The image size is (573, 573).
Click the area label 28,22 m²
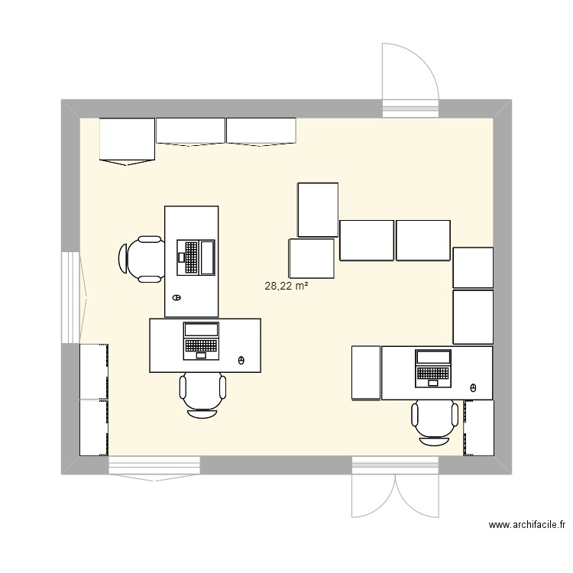(x=286, y=286)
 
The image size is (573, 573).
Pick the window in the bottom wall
(x=154, y=466)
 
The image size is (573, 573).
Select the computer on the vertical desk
(x=196, y=257)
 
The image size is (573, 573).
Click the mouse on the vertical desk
(x=176, y=297)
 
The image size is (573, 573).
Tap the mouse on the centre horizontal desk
(x=241, y=360)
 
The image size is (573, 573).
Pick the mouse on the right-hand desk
(x=473, y=387)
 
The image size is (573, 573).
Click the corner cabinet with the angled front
(x=128, y=141)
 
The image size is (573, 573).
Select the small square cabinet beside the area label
(x=312, y=258)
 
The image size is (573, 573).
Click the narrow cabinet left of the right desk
(x=366, y=372)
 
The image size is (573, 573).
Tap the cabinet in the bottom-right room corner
(x=478, y=428)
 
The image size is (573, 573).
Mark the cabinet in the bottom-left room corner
(x=94, y=428)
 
